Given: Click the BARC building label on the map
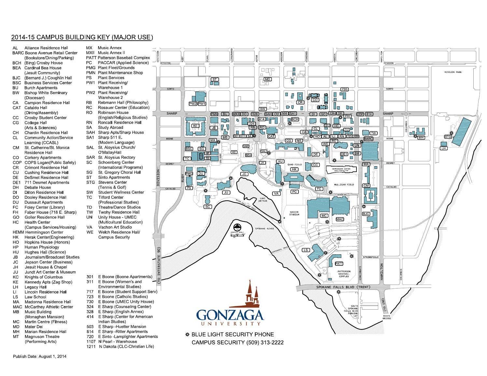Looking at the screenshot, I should pos(368,139).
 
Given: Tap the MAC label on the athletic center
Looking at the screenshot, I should pos(340,219).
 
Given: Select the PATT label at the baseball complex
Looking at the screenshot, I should pos(339,263).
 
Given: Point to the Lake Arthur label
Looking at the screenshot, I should pos(263,199).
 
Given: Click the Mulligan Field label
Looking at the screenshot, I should pos(345,185).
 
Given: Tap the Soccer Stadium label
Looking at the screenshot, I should pos(294,213).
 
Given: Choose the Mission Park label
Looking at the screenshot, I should pos(453,72).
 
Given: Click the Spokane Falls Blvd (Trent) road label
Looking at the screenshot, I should pos(339,287).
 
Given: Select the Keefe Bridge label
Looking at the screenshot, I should pos(387,317).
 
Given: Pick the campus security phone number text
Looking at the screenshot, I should pos(237,342).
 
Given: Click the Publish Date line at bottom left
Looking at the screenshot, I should pos(40,356).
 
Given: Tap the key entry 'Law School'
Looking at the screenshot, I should pos(35,297).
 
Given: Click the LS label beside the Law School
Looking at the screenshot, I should pos(306,250).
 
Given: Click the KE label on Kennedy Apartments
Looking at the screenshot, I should pos(195,126).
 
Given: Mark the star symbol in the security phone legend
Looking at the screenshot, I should pos(187,334).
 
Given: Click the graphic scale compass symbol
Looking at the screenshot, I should pos(238,227).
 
